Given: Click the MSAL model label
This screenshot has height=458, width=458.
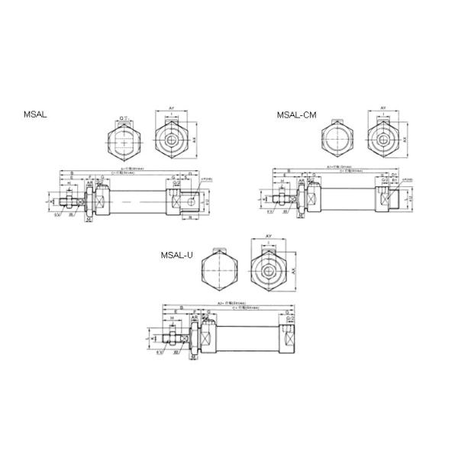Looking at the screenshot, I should (35, 114).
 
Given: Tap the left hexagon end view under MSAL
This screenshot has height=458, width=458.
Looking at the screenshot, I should (124, 140).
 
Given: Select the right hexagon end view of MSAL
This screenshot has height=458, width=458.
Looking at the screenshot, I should (173, 140).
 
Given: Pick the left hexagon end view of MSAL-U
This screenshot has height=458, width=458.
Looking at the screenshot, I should (220, 272).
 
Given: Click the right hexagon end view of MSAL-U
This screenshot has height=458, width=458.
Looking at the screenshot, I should (269, 272).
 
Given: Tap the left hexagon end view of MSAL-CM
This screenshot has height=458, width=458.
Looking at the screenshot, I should (337, 140).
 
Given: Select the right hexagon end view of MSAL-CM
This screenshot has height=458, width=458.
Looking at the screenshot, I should (384, 140).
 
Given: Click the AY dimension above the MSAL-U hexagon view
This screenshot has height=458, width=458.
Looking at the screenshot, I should (269, 237).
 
